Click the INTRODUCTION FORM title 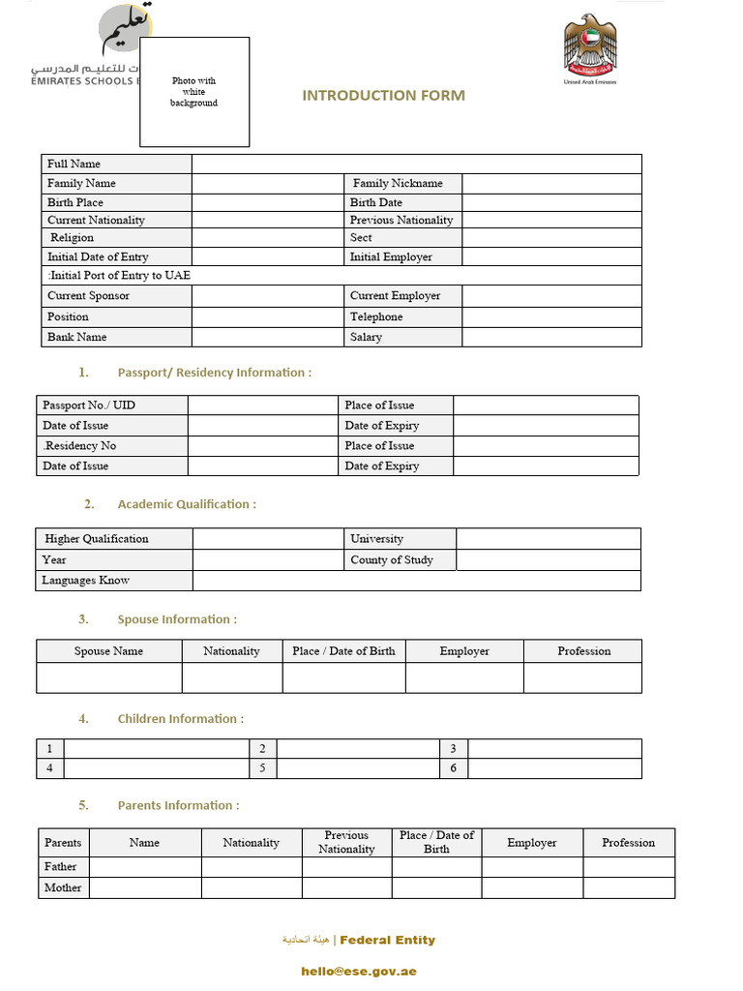(383, 95)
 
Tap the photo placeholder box (194, 92)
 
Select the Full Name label (74, 164)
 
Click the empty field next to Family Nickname (551, 183)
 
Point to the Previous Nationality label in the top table (401, 220)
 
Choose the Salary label (366, 337)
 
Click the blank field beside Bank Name (268, 337)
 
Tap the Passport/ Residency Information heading (214, 373)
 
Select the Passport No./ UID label (88, 405)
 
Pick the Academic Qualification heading (187, 504)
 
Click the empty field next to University (548, 538)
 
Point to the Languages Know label (85, 580)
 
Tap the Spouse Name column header (108, 651)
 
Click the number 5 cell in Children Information (262, 768)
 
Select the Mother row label (63, 887)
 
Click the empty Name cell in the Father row (145, 866)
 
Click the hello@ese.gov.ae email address (358, 971)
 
